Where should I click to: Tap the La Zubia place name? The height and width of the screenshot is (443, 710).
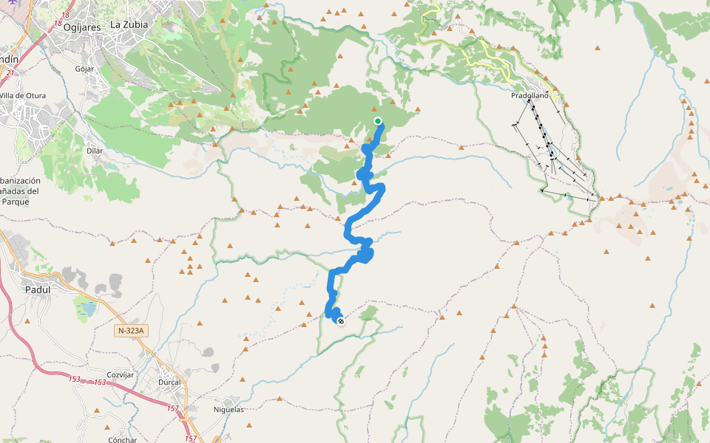click(x=129, y=24)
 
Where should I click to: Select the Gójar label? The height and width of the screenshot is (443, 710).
click(x=85, y=69)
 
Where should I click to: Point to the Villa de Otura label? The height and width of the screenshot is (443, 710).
click(x=22, y=96)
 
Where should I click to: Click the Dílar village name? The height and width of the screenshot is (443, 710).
click(x=94, y=151)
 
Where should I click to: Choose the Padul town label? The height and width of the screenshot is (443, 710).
click(x=37, y=290)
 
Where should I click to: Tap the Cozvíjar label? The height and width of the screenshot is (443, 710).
click(x=120, y=375)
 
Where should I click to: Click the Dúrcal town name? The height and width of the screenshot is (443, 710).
click(x=169, y=383)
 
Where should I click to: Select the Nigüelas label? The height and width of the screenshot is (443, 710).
click(x=228, y=409)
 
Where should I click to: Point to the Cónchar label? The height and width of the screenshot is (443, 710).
click(x=122, y=440)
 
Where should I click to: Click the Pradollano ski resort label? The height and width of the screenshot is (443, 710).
click(x=530, y=96)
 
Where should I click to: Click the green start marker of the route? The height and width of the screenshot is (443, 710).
click(x=378, y=121)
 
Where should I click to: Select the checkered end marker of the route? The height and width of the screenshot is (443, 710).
click(x=341, y=321)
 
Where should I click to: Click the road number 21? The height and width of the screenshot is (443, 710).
click(x=10, y=72)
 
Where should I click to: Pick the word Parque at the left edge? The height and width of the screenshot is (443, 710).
click(x=16, y=200)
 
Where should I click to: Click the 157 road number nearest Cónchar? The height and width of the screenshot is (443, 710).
click(x=190, y=439)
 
